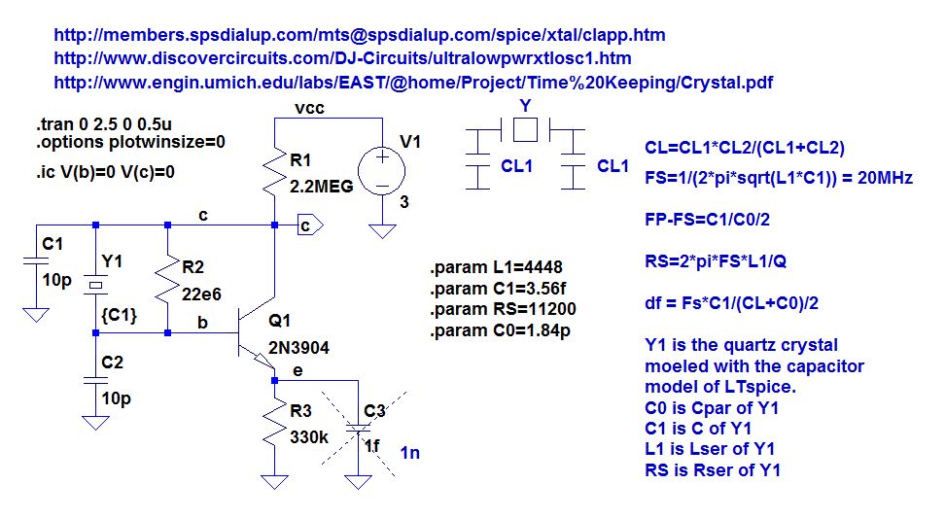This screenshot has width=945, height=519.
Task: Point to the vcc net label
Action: pyautogui.click(x=310, y=108)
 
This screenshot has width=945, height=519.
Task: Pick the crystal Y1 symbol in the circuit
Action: pyautogui.click(x=95, y=286)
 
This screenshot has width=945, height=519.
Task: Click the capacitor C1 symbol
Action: pyautogui.click(x=35, y=261)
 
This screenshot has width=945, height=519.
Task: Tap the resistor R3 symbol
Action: pyautogui.click(x=275, y=426)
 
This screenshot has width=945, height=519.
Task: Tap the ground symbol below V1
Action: pyautogui.click(x=383, y=231)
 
